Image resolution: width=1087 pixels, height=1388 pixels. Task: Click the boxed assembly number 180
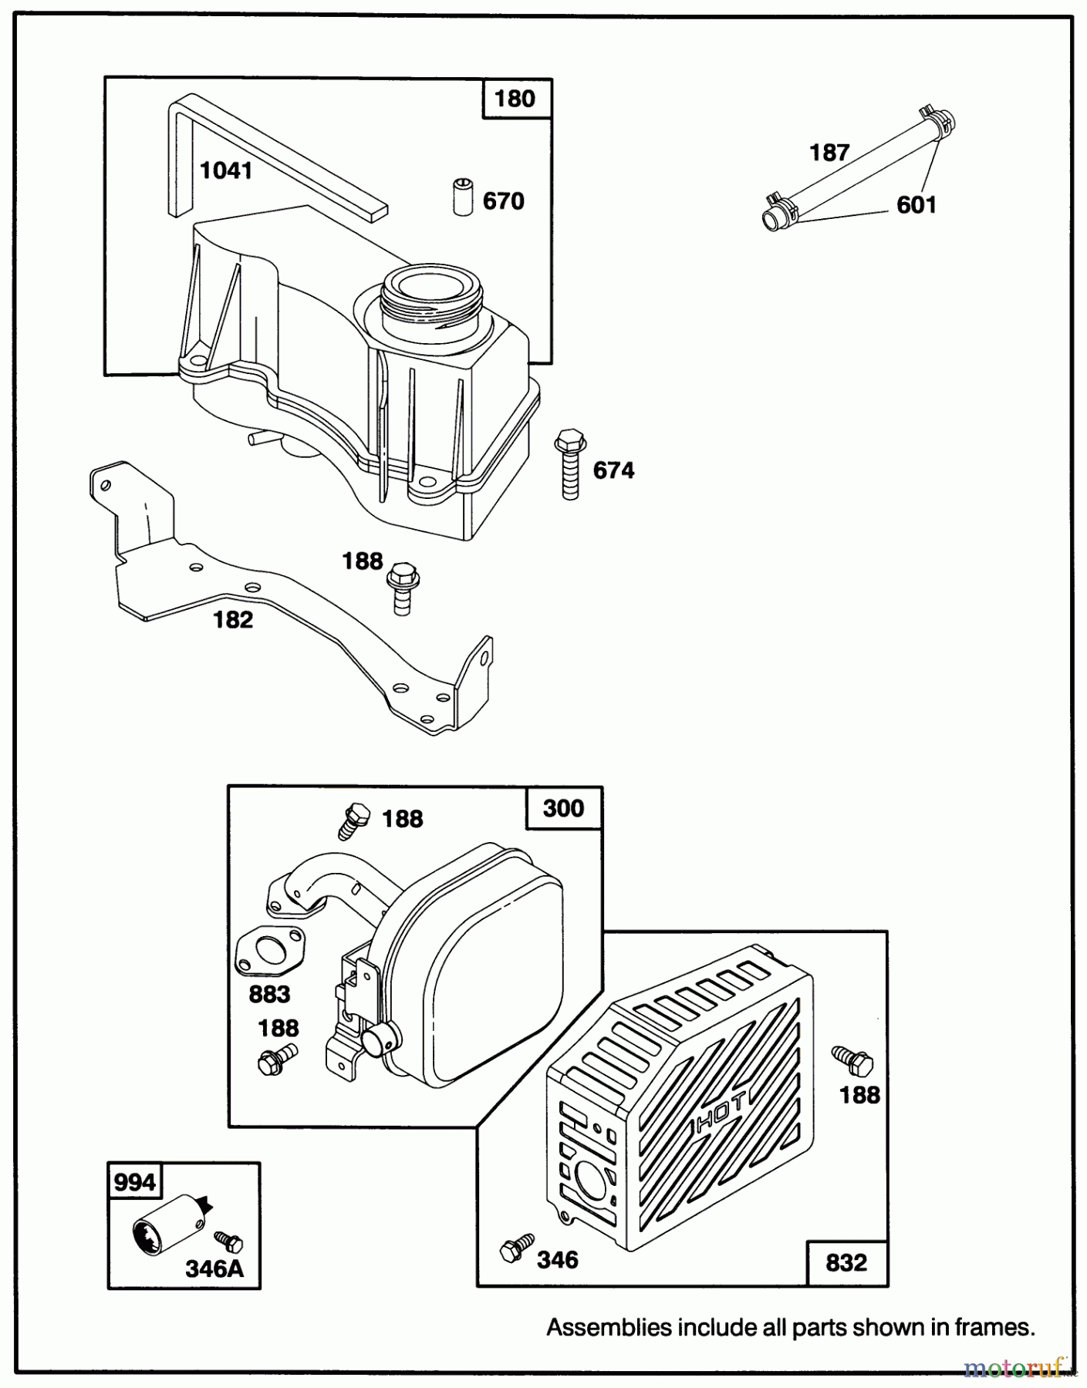click(x=515, y=99)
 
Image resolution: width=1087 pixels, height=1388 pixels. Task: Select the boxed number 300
click(x=563, y=808)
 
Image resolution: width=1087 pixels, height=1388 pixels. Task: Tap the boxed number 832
click(x=846, y=1263)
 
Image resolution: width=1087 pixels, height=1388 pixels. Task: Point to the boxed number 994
click(x=134, y=1182)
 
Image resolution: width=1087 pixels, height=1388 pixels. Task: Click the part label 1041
click(x=226, y=170)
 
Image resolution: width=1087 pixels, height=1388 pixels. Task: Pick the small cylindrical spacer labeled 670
click(x=462, y=197)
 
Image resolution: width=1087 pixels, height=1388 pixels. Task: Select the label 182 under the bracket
click(x=233, y=619)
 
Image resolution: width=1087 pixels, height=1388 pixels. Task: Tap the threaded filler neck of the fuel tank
click(x=432, y=295)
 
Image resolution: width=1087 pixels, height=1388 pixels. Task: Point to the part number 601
click(x=917, y=204)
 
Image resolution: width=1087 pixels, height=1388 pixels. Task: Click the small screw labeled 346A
click(x=229, y=1241)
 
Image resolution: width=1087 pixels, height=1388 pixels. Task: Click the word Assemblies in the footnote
click(x=609, y=1328)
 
